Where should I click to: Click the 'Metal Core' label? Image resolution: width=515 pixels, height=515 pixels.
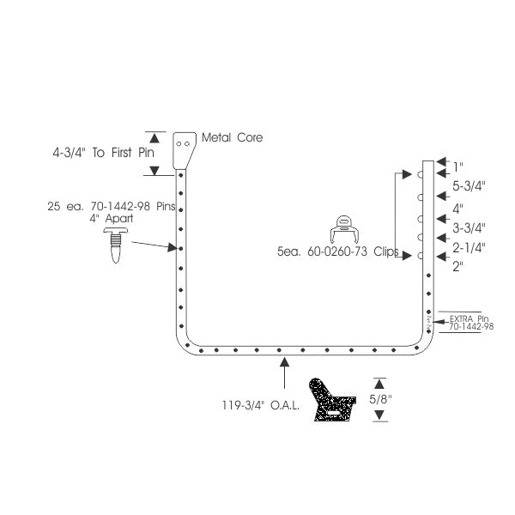[232, 137]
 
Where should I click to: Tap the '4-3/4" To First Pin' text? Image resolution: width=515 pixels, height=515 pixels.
[104, 153]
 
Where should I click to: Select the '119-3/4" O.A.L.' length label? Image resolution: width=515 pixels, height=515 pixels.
[260, 405]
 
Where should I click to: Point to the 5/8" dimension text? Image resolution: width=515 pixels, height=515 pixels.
[380, 399]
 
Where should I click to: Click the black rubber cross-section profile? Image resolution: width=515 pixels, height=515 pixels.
[331, 400]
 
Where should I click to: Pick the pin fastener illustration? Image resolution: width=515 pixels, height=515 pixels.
[116, 245]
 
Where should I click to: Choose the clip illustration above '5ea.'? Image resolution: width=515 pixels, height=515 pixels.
[344, 229]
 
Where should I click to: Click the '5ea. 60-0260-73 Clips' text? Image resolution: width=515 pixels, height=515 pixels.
[338, 251]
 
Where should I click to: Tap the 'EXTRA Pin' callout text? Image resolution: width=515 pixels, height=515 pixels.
[469, 318]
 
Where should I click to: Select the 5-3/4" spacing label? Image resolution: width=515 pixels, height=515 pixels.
[469, 186]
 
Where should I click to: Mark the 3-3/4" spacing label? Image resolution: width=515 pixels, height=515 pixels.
[469, 228]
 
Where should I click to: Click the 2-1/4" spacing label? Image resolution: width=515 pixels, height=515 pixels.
[469, 248]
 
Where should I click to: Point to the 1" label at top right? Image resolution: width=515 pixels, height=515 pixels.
[457, 167]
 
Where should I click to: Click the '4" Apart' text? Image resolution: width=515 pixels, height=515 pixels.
[112, 218]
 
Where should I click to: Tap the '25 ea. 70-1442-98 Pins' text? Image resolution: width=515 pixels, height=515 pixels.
[112, 206]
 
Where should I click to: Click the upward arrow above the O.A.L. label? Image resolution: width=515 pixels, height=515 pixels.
[284, 373]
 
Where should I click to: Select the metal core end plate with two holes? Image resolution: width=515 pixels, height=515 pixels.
[185, 150]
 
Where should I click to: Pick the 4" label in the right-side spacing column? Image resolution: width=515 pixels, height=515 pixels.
[457, 209]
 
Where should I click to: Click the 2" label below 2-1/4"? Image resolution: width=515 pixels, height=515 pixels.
[457, 266]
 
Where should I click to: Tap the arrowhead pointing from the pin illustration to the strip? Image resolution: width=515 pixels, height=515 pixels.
[173, 247]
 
